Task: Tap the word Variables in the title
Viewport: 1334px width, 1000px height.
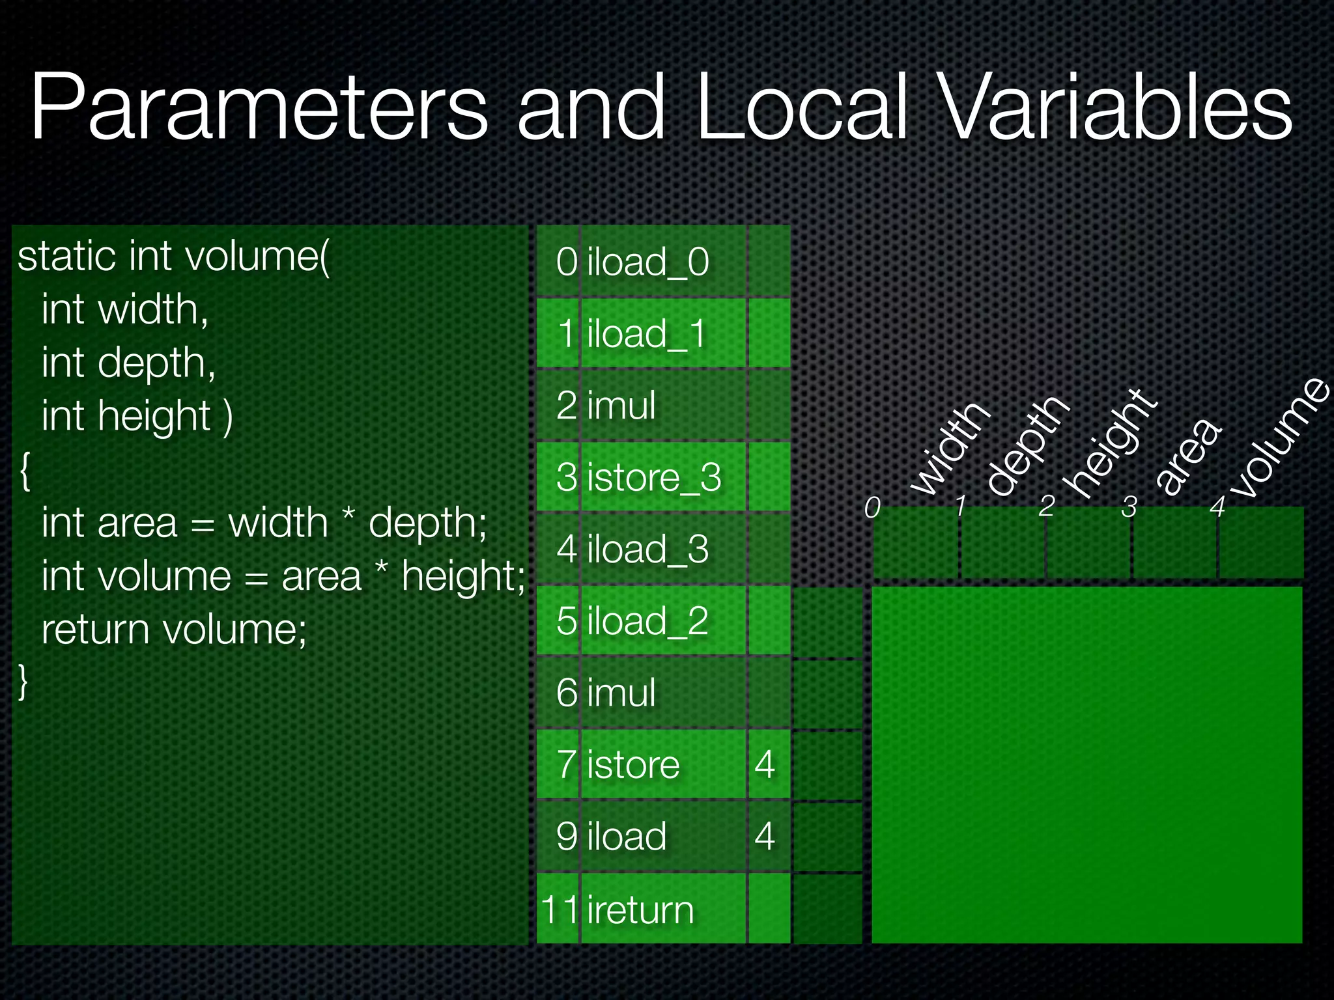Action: tap(1115, 107)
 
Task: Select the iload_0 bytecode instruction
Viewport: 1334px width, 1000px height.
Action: tap(647, 262)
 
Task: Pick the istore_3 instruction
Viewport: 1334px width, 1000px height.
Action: tap(654, 477)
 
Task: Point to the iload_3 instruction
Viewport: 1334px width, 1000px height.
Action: tap(647, 549)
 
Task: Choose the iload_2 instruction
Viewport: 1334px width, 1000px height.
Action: tap(647, 620)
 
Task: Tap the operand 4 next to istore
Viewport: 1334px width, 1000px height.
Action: tap(765, 764)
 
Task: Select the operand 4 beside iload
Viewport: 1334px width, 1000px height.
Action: tap(765, 836)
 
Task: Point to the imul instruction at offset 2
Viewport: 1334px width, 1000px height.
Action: tap(621, 405)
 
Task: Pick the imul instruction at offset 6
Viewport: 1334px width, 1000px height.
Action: tap(621, 692)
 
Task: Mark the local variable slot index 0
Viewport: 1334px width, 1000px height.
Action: tap(872, 507)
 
